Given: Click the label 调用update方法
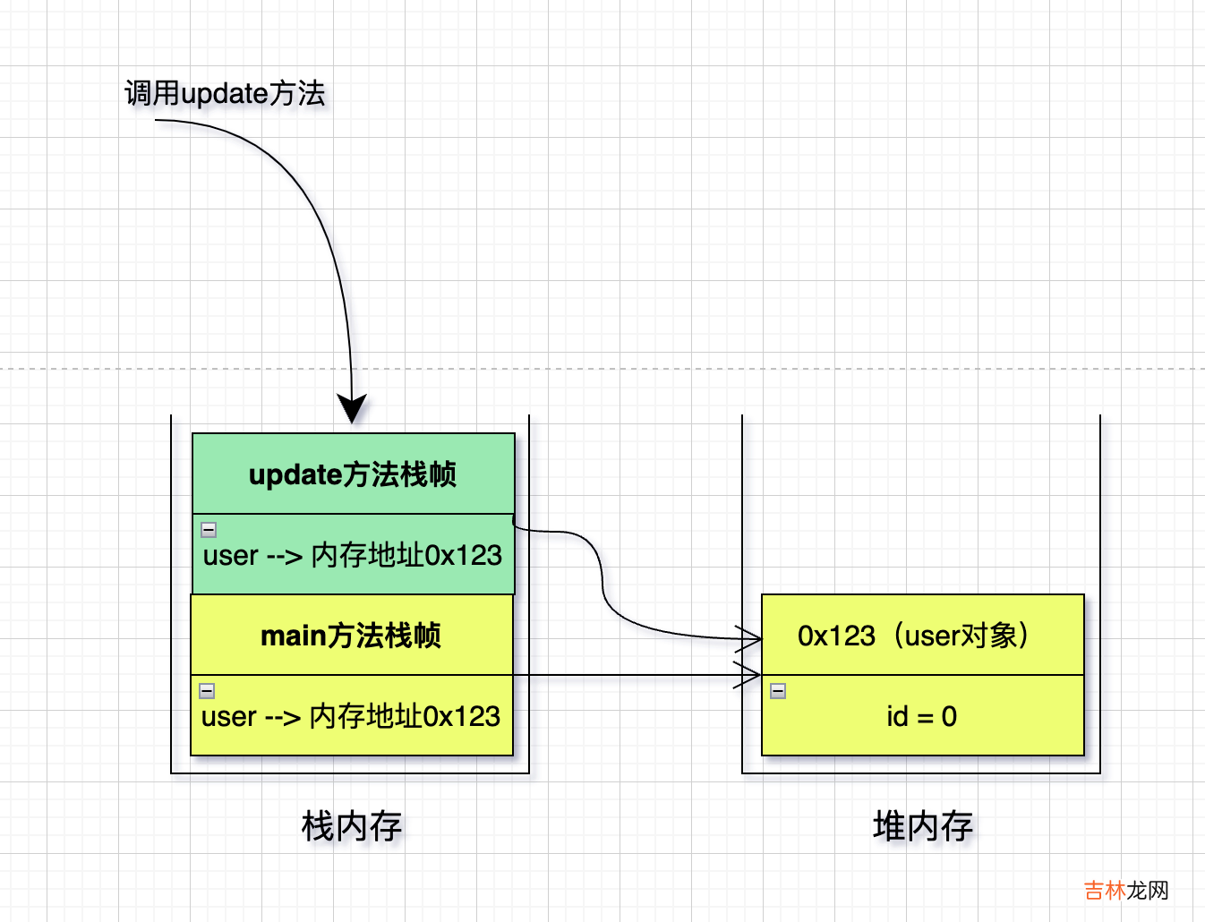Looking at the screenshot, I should click(225, 93).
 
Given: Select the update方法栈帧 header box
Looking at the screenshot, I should click(354, 474).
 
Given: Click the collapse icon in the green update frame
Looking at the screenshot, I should click(209, 529).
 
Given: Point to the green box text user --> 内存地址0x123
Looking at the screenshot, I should click(353, 556).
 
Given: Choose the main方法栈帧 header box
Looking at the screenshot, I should click(351, 636).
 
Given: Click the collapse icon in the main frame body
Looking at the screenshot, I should click(207, 690).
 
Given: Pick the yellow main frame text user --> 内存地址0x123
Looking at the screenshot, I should click(351, 717).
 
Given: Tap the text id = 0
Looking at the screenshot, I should click(922, 717).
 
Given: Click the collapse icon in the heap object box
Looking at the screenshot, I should click(778, 690).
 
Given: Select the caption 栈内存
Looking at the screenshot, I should click(352, 826).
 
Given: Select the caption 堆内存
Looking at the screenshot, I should click(923, 826).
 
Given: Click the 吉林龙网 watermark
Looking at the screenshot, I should click(1126, 891).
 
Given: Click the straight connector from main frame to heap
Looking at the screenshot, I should click(627, 675).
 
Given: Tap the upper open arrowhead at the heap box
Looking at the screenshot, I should click(750, 638).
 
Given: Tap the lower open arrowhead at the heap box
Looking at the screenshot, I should click(750, 675).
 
